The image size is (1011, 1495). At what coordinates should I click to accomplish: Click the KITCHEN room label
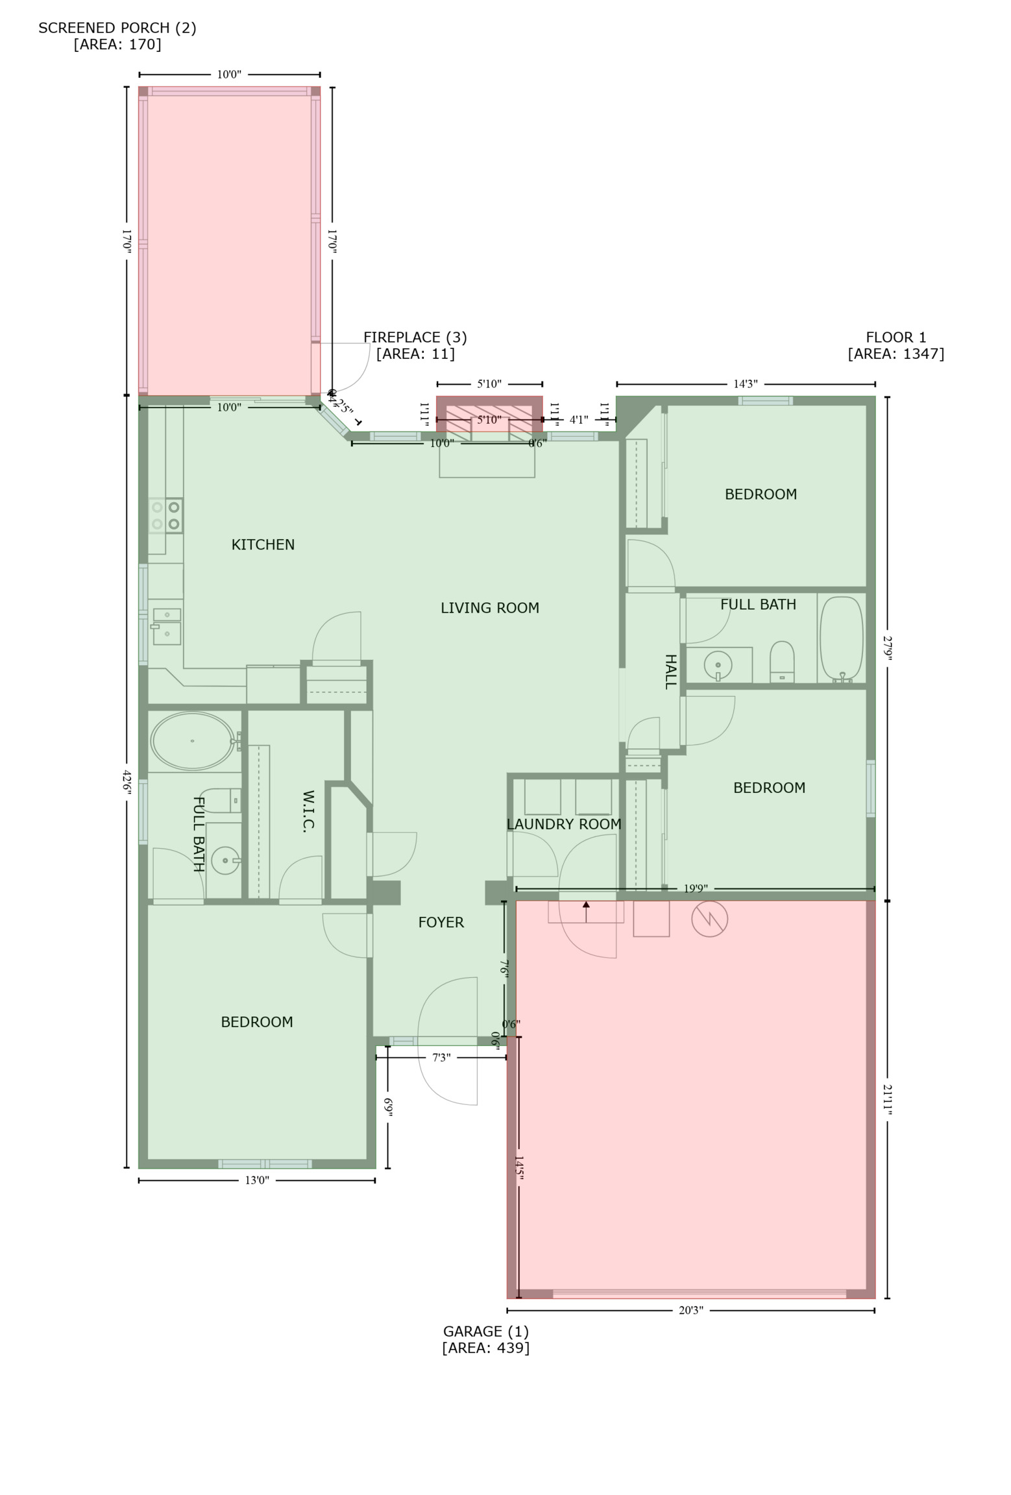(263, 544)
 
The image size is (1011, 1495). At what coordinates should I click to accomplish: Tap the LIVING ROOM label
(489, 608)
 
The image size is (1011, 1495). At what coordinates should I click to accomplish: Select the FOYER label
(441, 922)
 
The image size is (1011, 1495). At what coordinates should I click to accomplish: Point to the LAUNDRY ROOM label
(563, 824)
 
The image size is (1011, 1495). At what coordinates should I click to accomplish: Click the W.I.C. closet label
(308, 810)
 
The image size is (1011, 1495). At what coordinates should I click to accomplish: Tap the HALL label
(670, 671)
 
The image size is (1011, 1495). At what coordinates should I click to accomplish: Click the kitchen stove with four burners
(165, 515)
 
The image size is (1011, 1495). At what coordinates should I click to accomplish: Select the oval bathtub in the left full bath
(192, 740)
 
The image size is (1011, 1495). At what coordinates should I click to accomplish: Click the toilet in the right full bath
(782, 661)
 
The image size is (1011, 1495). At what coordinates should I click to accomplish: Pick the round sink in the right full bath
(718, 665)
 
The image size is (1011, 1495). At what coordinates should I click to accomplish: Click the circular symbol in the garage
(709, 919)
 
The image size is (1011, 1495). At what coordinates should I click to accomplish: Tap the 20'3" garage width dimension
(690, 1310)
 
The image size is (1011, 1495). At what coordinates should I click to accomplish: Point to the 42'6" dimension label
(127, 781)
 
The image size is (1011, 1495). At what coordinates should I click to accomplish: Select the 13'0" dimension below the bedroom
(257, 1180)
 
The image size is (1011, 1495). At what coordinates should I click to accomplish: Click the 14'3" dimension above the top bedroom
(745, 384)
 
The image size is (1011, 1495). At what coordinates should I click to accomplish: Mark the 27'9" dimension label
(887, 648)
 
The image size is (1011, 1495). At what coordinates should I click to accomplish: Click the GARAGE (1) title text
(485, 1331)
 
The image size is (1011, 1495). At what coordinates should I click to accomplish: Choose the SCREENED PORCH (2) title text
(117, 28)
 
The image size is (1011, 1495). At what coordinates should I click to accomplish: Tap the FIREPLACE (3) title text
(415, 337)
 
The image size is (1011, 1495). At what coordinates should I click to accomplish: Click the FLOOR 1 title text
(895, 337)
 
